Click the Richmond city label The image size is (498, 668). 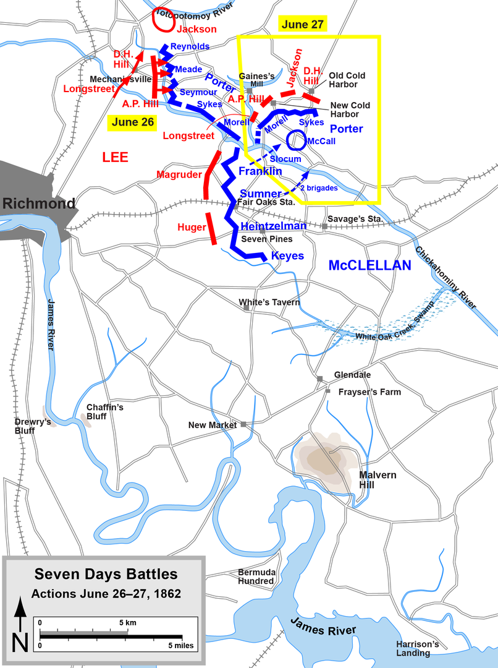coord(38,203)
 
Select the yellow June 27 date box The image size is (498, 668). coord(303,24)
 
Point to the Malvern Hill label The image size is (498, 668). coord(378,480)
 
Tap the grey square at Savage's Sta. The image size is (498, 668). coord(324,226)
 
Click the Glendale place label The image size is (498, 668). coord(352,375)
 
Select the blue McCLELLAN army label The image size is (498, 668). coord(369,265)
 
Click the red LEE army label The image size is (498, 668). coord(115,158)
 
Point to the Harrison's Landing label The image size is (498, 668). coord(418,648)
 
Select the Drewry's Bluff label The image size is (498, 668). coord(33,426)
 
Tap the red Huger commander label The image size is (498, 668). coord(192,228)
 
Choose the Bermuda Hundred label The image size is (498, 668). coord(256,576)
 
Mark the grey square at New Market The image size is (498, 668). coord(243,424)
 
